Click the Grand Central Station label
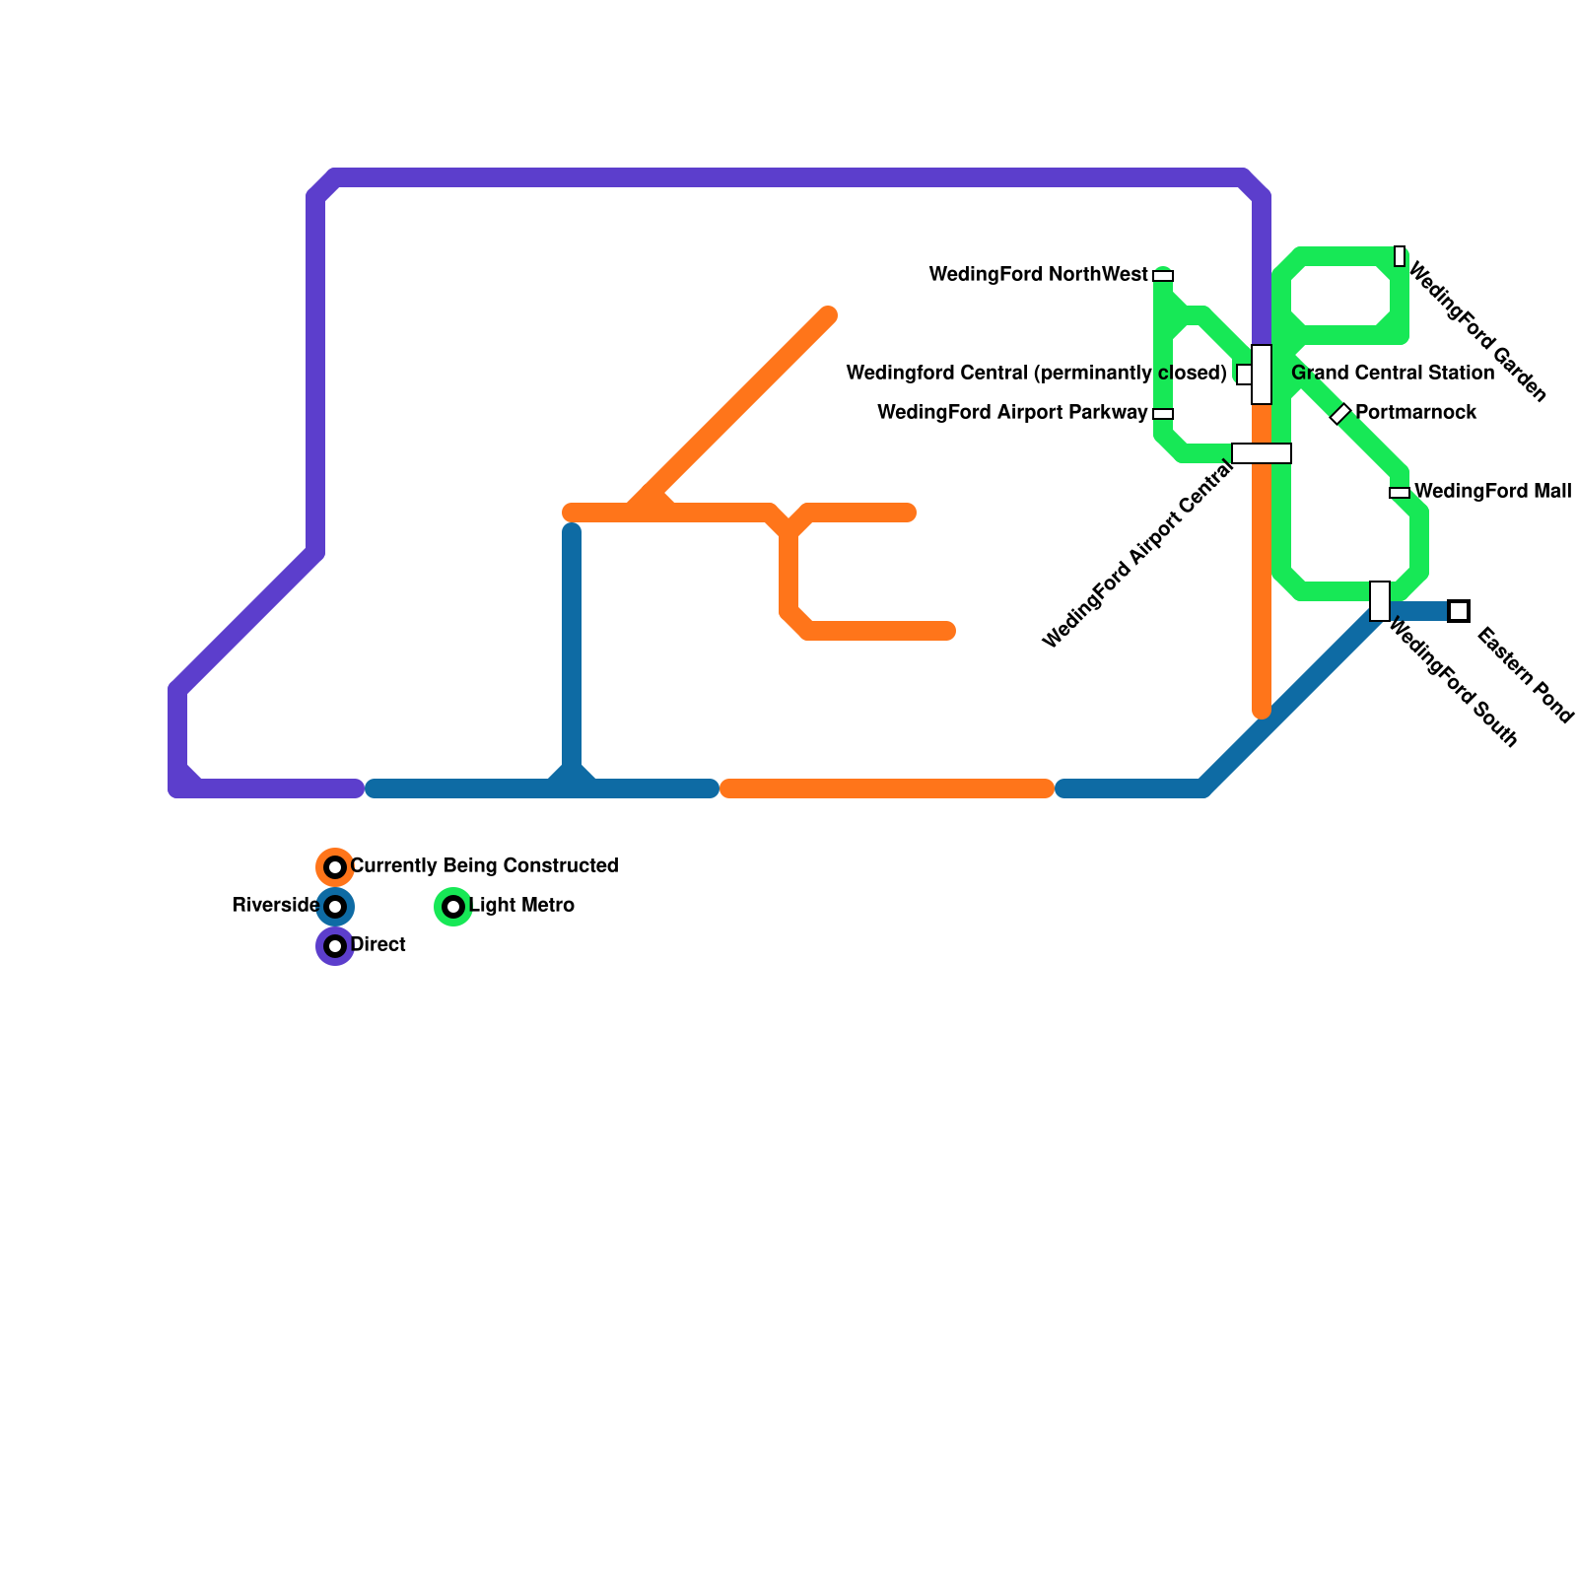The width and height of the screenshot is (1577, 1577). tap(1392, 374)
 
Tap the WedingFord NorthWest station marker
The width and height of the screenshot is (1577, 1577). tap(1163, 276)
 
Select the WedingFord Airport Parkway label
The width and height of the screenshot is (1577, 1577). tap(1012, 413)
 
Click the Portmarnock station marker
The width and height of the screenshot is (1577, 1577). tap(1340, 414)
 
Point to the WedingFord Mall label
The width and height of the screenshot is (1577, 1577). tap(1492, 491)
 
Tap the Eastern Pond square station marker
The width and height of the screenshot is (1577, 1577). tap(1459, 611)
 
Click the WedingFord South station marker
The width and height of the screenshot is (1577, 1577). tap(1380, 601)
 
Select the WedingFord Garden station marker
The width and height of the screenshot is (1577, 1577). tap(1400, 256)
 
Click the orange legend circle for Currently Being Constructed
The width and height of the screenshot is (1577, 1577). tap(335, 867)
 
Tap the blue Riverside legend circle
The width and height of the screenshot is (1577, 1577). tap(335, 907)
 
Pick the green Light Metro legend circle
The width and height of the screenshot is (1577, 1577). tap(453, 907)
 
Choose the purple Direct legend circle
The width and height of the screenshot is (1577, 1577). tap(335, 946)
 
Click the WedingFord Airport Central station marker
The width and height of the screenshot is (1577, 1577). tap(1262, 453)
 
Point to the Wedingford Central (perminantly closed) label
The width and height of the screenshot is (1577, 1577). tap(1036, 374)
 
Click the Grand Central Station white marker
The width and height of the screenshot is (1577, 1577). tap(1262, 375)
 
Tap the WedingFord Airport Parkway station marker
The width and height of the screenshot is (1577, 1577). tap(1163, 414)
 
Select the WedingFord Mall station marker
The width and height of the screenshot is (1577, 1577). tap(1400, 493)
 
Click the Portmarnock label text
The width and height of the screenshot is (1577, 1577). tap(1415, 413)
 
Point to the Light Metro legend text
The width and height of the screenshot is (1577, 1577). tap(521, 906)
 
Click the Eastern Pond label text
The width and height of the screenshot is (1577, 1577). tap(1525, 676)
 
